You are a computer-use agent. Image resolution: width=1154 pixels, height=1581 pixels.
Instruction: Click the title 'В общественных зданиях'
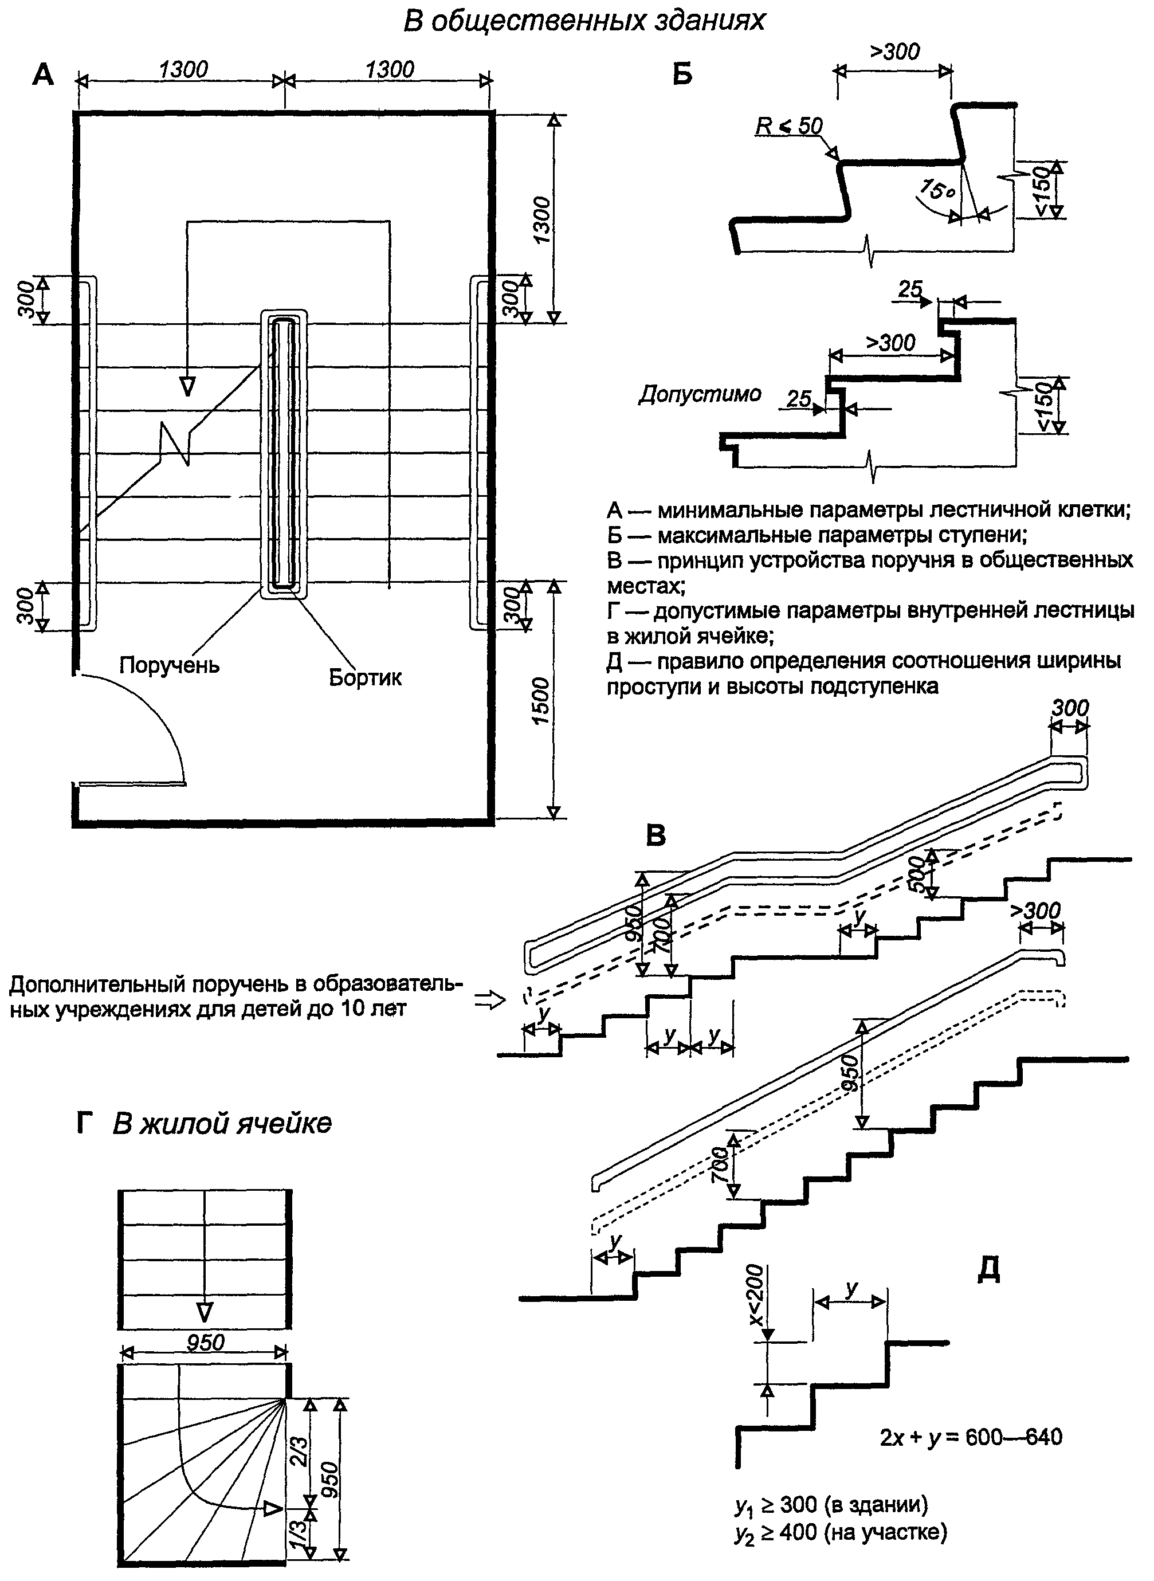(584, 21)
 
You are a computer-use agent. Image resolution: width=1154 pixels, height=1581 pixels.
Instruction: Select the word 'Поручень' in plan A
(169, 664)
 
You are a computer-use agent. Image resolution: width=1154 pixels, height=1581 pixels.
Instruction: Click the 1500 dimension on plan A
(541, 701)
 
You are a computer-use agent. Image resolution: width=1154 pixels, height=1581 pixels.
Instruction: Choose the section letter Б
(682, 73)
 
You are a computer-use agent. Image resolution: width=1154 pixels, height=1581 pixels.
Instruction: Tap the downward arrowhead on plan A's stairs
(187, 386)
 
